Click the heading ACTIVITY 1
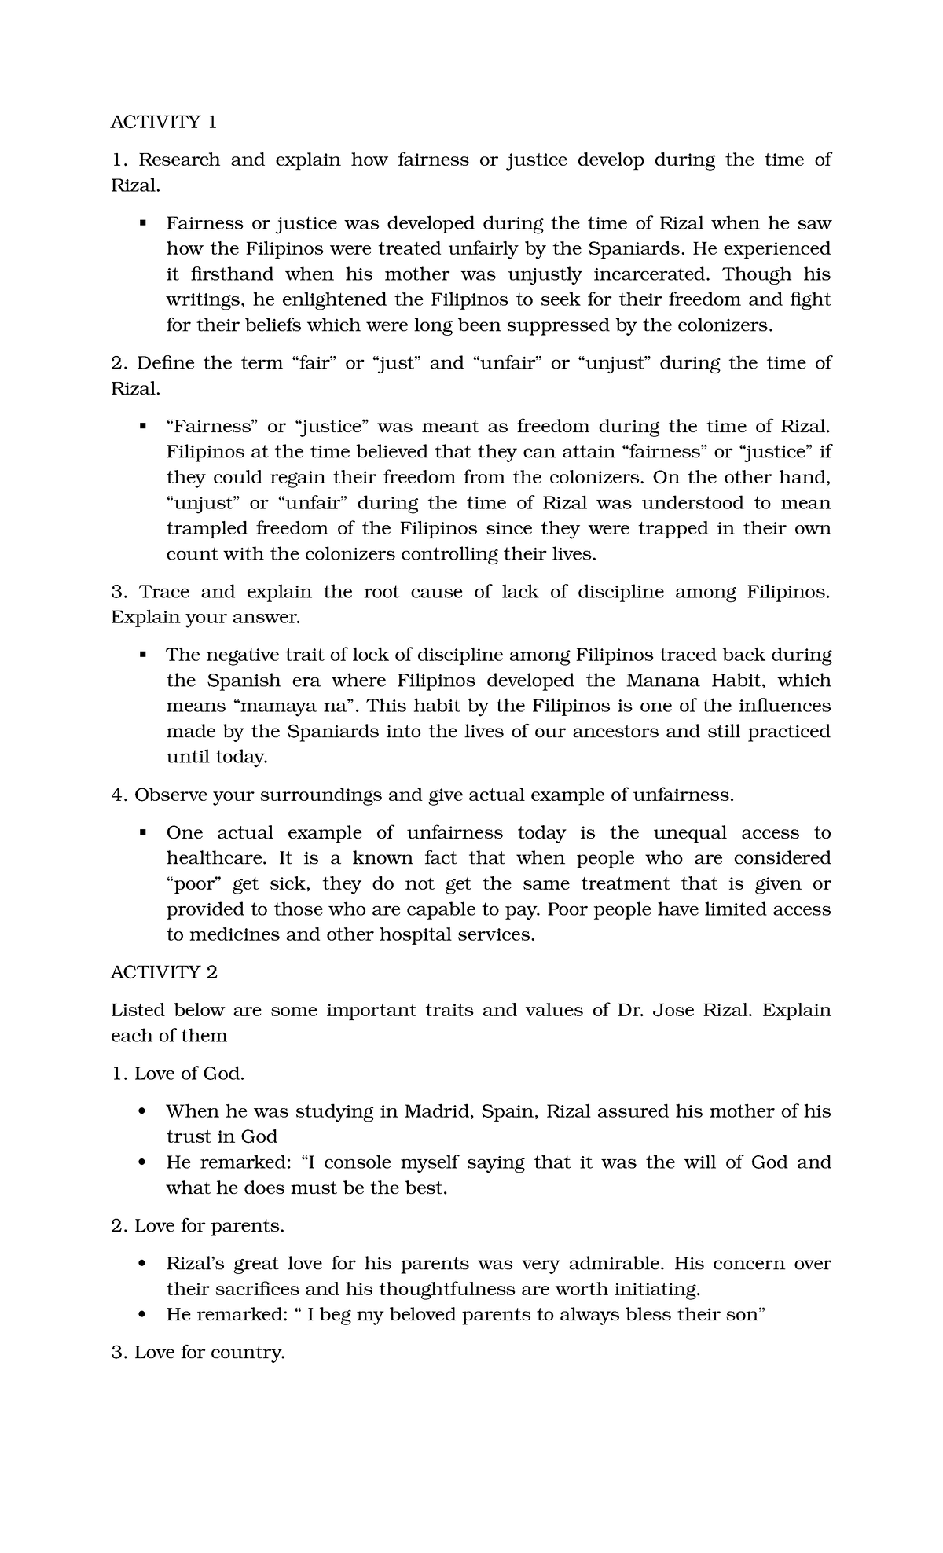(x=163, y=122)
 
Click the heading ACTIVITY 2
(x=163, y=972)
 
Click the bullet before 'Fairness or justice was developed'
(x=143, y=223)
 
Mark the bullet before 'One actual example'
(x=143, y=833)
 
